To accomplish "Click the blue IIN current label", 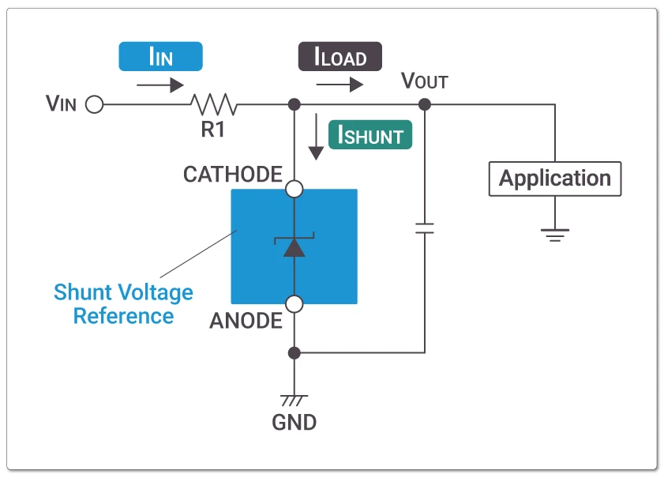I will [x=160, y=56].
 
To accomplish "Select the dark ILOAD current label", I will [x=340, y=57].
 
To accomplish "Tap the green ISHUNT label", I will [x=370, y=135].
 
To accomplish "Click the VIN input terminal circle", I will [x=94, y=104].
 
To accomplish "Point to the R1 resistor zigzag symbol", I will [x=213, y=104].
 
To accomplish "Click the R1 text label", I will [x=212, y=130].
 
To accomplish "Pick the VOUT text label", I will [x=425, y=81].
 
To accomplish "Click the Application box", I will [x=555, y=179].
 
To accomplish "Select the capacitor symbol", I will [x=425, y=229].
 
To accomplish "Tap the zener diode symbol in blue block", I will [x=294, y=246].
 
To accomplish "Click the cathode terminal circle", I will [x=294, y=189].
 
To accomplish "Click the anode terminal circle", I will [x=294, y=303].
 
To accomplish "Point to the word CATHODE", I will [x=232, y=174].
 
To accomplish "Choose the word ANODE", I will [x=246, y=321].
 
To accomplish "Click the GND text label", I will [x=294, y=422].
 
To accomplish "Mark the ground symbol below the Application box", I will [x=555, y=233].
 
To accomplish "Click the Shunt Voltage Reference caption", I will [x=123, y=304].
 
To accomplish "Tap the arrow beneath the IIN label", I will [x=160, y=85].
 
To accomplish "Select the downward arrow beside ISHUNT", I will [x=316, y=137].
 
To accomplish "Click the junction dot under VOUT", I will [x=425, y=104].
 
